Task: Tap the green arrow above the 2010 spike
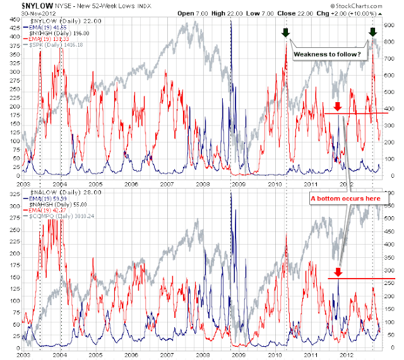[286, 33]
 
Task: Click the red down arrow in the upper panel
[338, 106]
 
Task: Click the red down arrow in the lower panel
[338, 272]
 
